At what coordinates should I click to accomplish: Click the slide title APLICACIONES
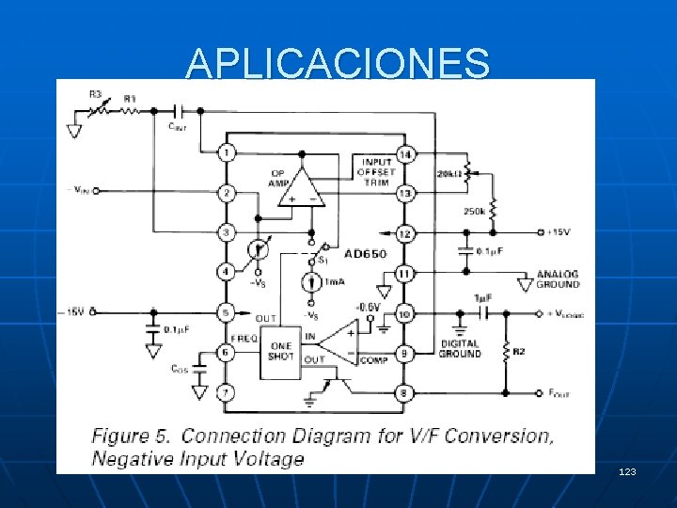pos(338,63)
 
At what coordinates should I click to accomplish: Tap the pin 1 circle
pos(226,152)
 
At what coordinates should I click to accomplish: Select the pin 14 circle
pos(405,153)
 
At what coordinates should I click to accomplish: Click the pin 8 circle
pos(405,392)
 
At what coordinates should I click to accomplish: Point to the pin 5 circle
pos(226,311)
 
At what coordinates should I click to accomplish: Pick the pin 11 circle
pos(405,273)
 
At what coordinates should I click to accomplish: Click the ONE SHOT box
pos(279,351)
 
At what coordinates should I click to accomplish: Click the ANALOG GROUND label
pos(559,278)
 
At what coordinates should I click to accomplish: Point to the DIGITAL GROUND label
pos(460,349)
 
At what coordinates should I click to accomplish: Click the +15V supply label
pos(561,232)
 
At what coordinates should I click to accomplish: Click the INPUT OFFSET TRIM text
pos(377,172)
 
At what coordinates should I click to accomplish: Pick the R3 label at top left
pos(96,94)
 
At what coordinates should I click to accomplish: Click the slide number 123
pos(628,469)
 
